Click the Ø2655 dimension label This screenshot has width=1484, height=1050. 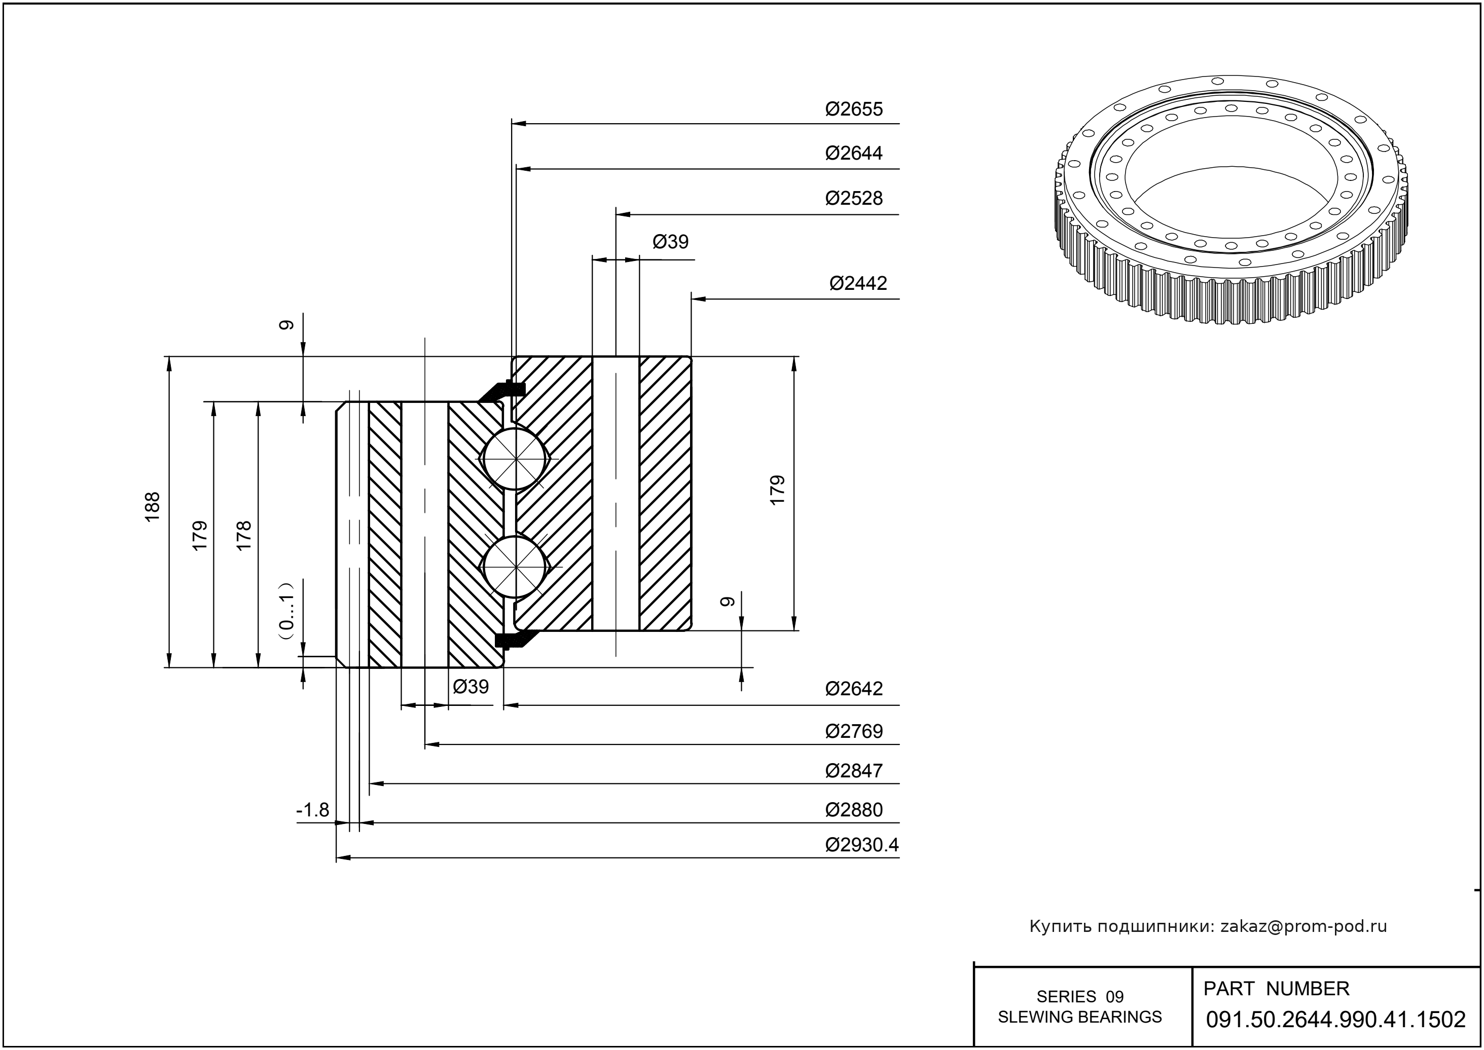(853, 109)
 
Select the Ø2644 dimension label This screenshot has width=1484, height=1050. (853, 153)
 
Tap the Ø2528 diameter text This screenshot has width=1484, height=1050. (853, 199)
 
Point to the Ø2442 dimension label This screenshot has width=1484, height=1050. (858, 283)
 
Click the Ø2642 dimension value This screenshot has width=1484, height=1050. (853, 689)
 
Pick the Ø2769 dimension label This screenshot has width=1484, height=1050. (853, 731)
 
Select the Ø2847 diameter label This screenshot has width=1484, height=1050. (853, 771)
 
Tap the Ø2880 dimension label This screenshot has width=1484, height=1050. (853, 810)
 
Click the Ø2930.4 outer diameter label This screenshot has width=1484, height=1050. (862, 845)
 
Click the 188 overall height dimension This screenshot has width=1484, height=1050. (152, 508)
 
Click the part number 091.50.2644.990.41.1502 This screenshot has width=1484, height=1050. (1335, 1020)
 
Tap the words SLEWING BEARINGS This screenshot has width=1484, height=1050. (1080, 1017)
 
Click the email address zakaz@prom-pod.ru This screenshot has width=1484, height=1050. (1303, 926)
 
